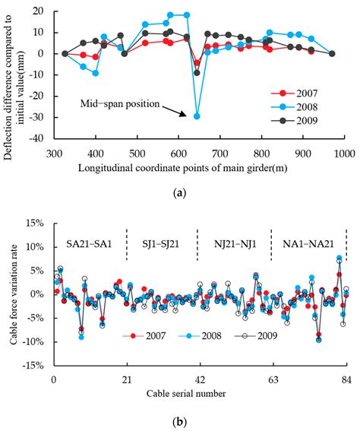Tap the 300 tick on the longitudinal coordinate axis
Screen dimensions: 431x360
[53, 153]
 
